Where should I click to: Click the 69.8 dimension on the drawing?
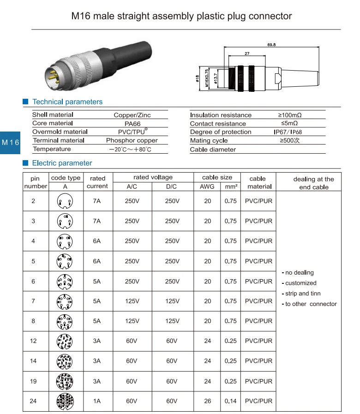271,45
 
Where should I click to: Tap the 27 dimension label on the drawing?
247,54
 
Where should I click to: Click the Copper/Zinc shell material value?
132,115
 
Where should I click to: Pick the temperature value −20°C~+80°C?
131,150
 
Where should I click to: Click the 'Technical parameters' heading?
67,102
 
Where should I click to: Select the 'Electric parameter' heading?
62,163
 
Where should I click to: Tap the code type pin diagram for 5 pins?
65,261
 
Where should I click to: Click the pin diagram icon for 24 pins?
65,401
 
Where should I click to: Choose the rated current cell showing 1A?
96,401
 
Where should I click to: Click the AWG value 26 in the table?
208,401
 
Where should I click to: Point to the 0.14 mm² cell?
230,401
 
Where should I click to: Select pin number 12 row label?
33,341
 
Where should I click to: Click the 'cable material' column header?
258,182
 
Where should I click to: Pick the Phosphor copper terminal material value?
132,141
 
